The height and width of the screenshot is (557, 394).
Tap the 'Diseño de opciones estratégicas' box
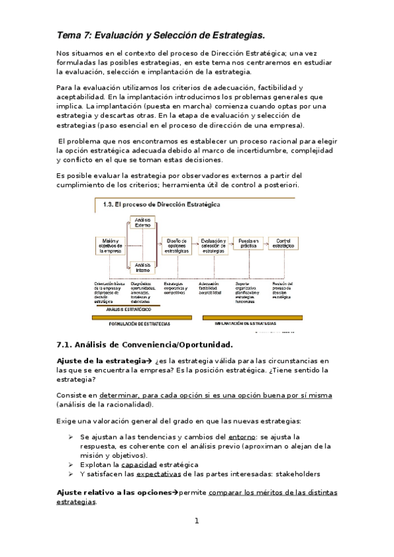tap(175, 246)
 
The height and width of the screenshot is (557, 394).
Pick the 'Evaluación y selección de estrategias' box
tap(214, 246)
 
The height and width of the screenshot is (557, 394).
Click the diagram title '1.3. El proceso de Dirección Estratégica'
tap(161, 204)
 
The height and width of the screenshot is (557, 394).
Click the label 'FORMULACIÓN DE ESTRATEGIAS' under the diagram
tap(139, 323)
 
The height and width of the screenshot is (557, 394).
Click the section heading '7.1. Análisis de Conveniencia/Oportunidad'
tap(145, 344)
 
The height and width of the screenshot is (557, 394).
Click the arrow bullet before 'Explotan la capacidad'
tap(72, 464)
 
